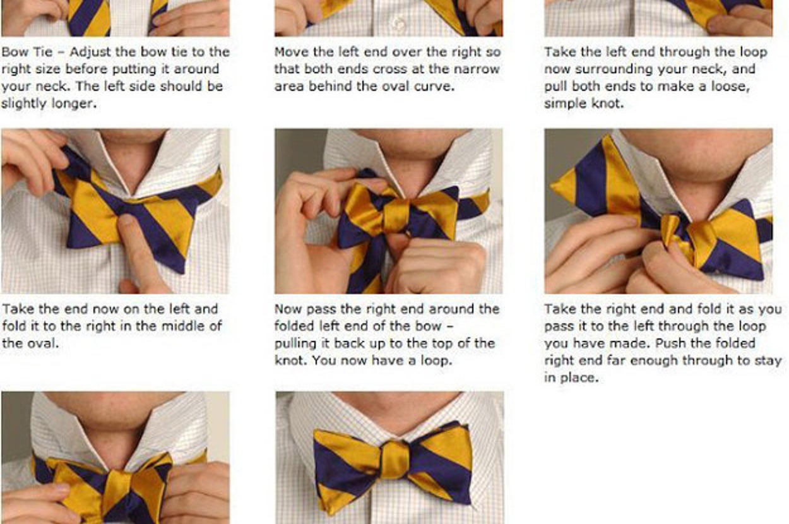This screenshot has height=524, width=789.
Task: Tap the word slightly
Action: click(25, 104)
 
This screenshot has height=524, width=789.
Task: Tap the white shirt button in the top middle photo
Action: click(399, 23)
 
